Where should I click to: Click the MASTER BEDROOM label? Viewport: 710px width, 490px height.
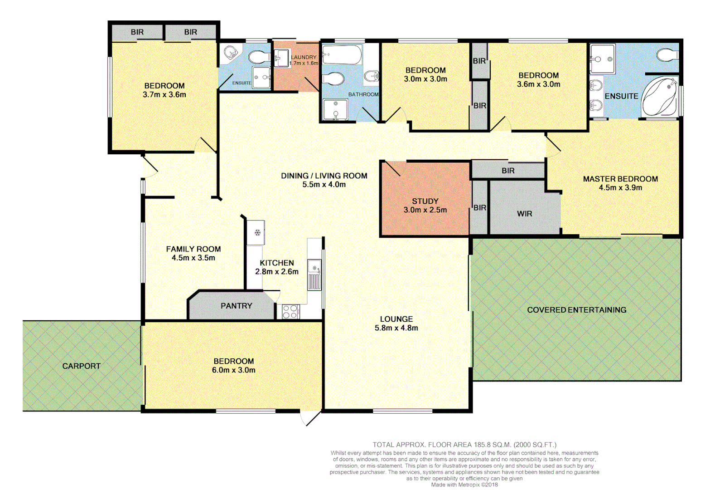(620, 179)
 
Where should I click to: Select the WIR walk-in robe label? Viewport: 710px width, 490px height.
(524, 214)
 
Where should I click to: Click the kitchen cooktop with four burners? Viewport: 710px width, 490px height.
(290, 312)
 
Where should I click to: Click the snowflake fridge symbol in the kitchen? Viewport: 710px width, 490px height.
(257, 233)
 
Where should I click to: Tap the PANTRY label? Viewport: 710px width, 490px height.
(236, 306)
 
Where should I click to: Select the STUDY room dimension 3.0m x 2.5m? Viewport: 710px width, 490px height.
(425, 210)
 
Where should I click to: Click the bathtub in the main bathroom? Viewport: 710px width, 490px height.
(343, 55)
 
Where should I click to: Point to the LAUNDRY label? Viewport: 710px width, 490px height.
(304, 57)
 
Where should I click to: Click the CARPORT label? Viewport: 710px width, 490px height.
(81, 366)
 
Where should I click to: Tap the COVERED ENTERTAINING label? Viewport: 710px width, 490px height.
(576, 310)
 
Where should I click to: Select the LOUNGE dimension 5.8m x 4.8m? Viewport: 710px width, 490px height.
(396, 328)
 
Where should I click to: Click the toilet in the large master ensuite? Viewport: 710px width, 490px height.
(667, 55)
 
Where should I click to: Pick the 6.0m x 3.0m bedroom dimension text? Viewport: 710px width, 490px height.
(233, 370)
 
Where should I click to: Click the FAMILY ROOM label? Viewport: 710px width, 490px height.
(193, 249)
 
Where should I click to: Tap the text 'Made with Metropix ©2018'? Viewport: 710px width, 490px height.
(464, 485)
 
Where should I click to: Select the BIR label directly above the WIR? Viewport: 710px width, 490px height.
(508, 171)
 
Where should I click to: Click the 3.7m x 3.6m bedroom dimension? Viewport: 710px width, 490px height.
(164, 95)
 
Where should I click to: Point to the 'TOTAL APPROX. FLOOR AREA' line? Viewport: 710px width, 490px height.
(464, 445)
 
